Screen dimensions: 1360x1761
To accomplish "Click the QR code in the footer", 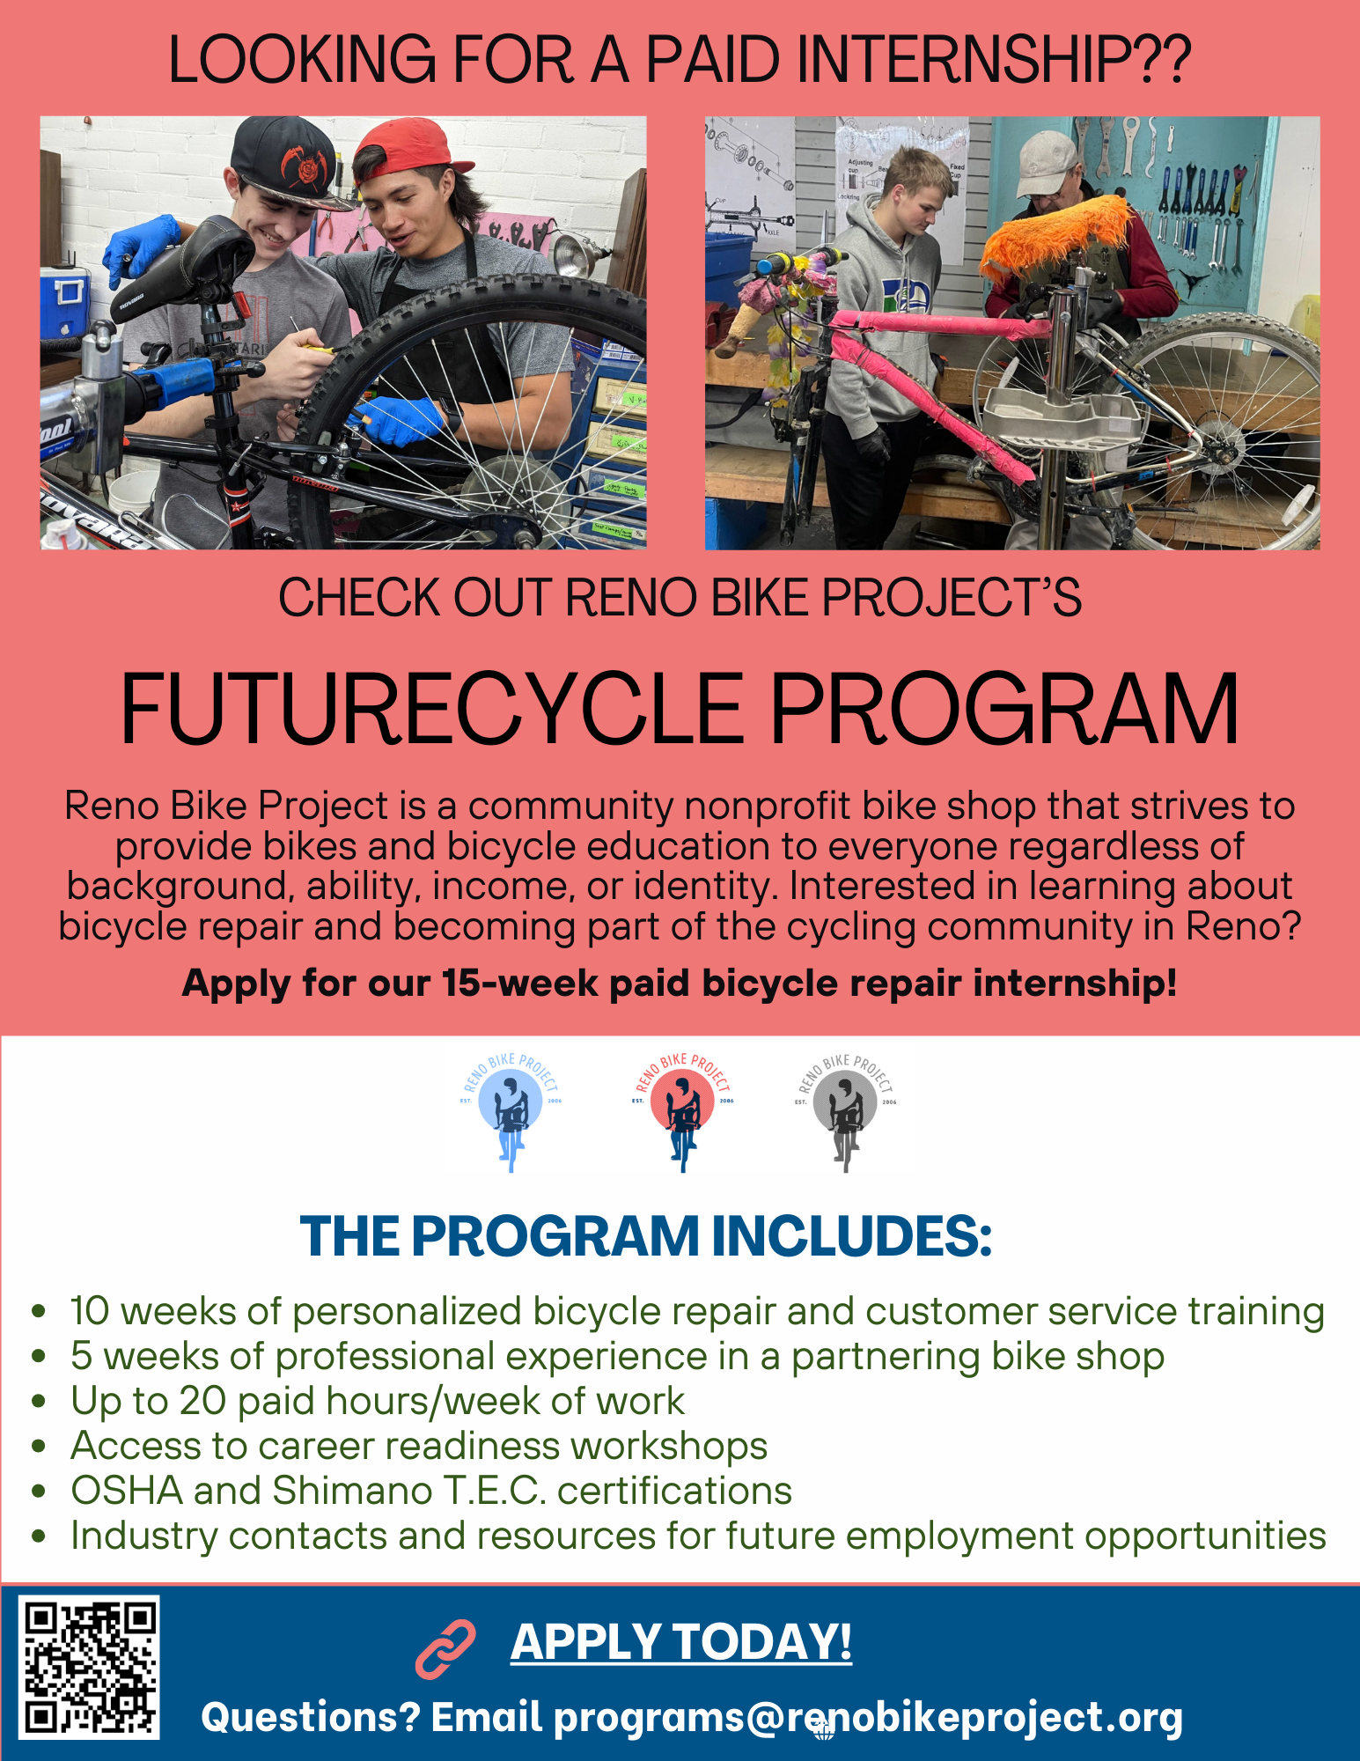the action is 89,1668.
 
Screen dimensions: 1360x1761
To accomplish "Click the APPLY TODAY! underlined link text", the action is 681,1642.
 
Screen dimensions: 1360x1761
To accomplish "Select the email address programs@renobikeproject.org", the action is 868,1718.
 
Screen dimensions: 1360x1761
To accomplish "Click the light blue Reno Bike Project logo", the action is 511,1111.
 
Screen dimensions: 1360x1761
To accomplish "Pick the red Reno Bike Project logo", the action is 682,1111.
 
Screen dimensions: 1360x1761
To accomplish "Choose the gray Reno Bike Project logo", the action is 846,1111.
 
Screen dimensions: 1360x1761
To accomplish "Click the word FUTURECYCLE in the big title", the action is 432,710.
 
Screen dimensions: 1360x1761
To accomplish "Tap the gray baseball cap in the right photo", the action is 1048,163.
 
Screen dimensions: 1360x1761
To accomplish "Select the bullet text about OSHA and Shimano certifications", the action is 431,1491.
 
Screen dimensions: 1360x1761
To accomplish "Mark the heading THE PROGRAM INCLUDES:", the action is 646,1236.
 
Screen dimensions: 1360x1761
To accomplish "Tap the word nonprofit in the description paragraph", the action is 767,806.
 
